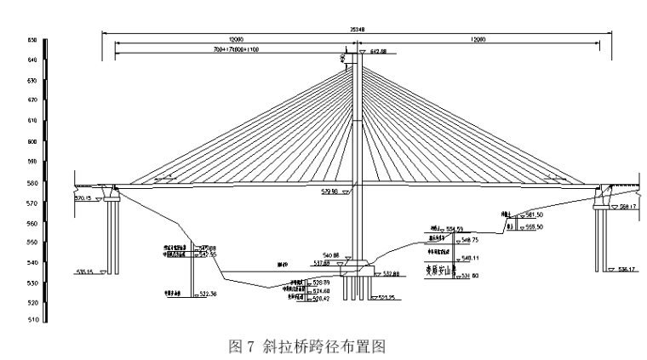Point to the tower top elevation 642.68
(379, 52)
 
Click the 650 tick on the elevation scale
(31, 40)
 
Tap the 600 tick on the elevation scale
(31, 141)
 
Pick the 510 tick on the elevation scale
(31, 321)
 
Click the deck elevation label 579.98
(329, 191)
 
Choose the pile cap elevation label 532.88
(391, 273)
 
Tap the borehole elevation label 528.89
(320, 282)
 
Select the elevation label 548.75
(470, 240)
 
